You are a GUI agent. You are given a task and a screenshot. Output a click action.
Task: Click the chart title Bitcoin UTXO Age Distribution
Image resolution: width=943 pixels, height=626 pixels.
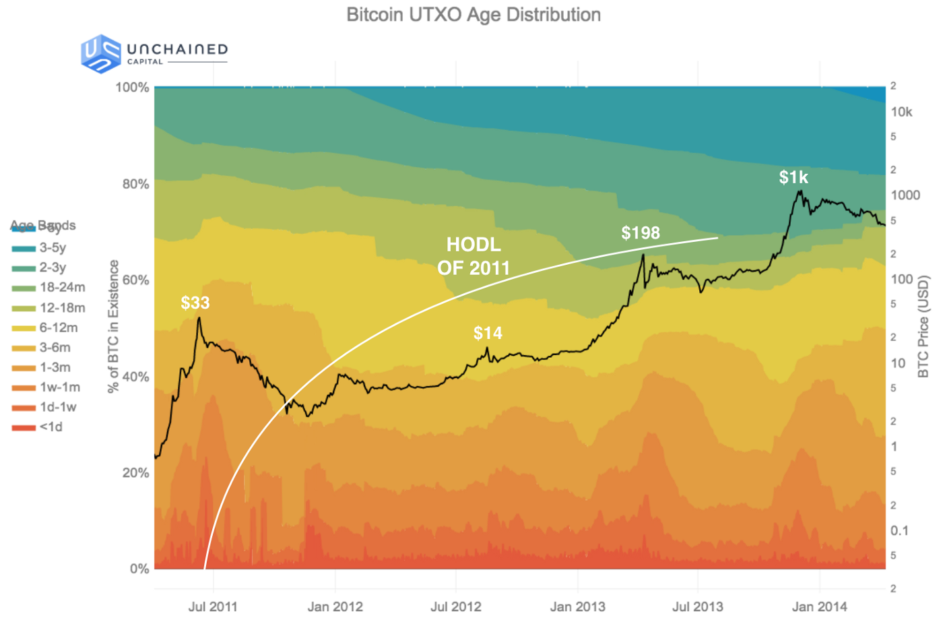(x=473, y=15)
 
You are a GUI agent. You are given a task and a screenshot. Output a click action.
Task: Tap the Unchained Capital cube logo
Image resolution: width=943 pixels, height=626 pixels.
(x=100, y=53)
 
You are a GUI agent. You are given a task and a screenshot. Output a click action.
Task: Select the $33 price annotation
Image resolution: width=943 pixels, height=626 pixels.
(x=195, y=303)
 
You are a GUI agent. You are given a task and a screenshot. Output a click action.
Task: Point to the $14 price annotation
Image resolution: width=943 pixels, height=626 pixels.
(x=488, y=333)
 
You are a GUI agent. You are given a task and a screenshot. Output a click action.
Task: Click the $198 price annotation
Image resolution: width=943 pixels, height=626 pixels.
(x=641, y=233)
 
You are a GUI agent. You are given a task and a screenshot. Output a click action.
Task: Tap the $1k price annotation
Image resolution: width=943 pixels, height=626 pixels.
(x=793, y=177)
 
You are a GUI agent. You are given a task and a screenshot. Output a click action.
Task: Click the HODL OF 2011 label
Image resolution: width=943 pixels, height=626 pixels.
(x=474, y=256)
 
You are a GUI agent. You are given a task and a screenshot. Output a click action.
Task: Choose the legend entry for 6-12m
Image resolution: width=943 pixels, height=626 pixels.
(x=58, y=328)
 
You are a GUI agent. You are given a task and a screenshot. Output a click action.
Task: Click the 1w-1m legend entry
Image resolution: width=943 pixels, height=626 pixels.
(x=59, y=387)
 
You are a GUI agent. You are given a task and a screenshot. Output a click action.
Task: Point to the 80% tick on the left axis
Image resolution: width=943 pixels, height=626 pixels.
(x=135, y=184)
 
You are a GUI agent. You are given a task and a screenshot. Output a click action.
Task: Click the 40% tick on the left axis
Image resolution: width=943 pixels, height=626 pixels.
(x=135, y=377)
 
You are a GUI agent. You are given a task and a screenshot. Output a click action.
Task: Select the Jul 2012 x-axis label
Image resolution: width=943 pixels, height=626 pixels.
(x=456, y=606)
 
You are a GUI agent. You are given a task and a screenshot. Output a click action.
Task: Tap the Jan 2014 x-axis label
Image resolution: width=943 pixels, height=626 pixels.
(x=819, y=606)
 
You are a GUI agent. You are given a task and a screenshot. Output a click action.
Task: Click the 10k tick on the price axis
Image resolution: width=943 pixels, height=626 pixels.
(x=901, y=112)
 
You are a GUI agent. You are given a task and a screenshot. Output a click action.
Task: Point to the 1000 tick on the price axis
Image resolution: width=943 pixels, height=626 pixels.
(x=905, y=195)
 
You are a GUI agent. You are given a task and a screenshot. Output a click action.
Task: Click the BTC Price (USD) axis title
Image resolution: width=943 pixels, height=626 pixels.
(x=923, y=327)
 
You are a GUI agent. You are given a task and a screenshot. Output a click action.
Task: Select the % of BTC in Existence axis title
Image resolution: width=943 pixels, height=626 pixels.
(x=113, y=327)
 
